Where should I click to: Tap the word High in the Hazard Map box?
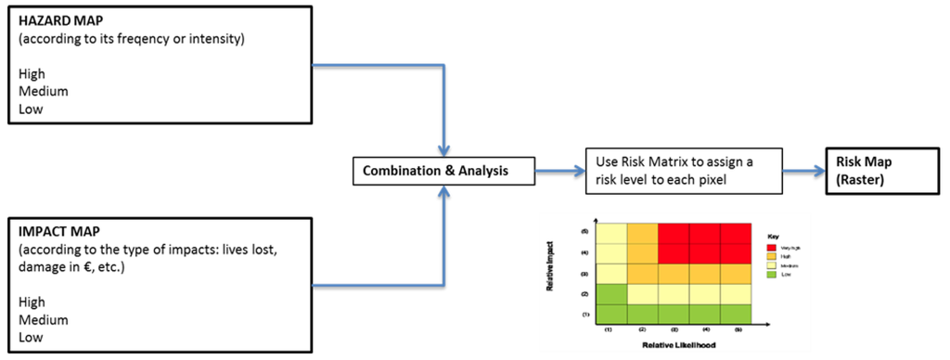[32, 74]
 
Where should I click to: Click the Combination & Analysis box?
[446, 170]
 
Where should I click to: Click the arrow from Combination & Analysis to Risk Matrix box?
[556, 170]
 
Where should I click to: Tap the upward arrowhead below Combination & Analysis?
[446, 191]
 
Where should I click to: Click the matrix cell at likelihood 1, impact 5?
[612, 233]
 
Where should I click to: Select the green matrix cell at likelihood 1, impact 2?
[612, 293]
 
